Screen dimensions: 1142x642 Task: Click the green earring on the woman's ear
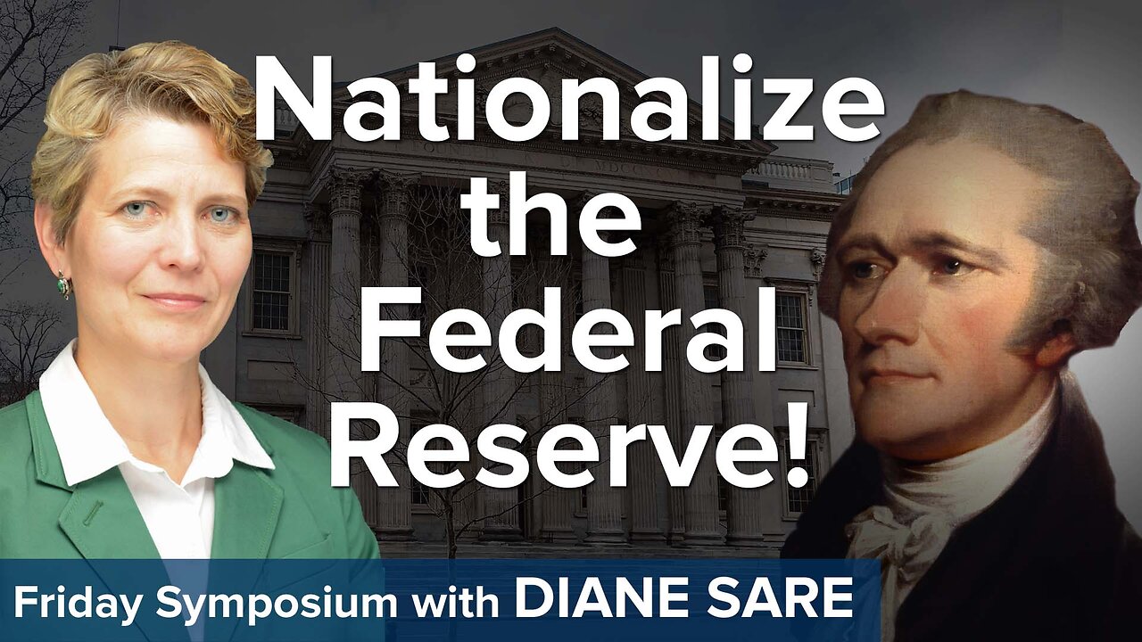coord(62,284)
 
